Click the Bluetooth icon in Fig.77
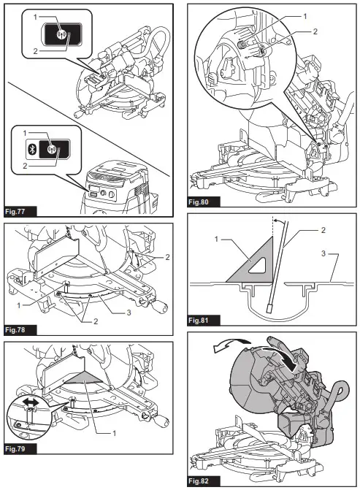[31, 150]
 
